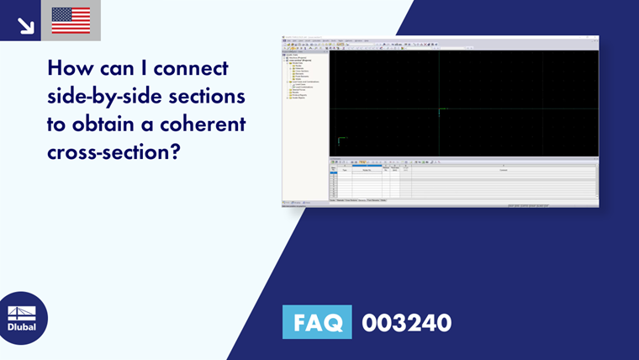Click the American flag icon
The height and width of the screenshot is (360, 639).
[x=71, y=20]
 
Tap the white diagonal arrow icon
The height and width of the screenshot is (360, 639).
[x=25, y=24]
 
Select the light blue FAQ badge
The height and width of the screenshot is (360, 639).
[x=317, y=322]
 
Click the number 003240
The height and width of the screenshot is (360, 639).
[x=407, y=322]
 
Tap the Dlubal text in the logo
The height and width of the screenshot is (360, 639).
[x=22, y=326]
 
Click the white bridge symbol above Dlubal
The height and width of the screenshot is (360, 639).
[x=22, y=312]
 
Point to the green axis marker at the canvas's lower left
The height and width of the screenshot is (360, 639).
[x=341, y=140]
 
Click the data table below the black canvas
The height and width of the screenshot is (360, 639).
[x=462, y=181]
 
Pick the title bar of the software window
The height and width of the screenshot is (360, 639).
[x=440, y=38]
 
